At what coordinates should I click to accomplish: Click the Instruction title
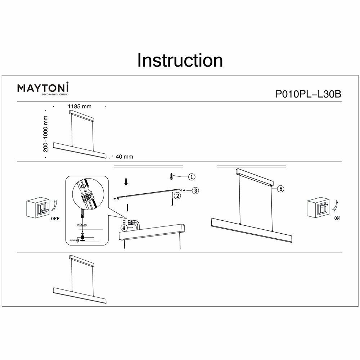pyautogui.click(x=180, y=60)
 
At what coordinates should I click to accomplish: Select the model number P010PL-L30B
pyautogui.click(x=308, y=94)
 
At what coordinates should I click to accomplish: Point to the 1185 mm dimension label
pyautogui.click(x=80, y=107)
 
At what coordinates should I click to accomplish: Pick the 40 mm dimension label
pyautogui.click(x=125, y=157)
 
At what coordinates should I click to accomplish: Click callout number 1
pyautogui.click(x=192, y=176)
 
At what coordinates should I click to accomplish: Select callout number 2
pyautogui.click(x=177, y=196)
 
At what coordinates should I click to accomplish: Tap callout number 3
pyautogui.click(x=195, y=190)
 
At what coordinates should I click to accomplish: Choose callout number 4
pyautogui.click(x=124, y=228)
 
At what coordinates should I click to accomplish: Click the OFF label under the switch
pyautogui.click(x=55, y=219)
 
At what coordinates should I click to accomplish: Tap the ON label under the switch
pyautogui.click(x=337, y=219)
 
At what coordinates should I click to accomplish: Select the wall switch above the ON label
pyautogui.click(x=318, y=207)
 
